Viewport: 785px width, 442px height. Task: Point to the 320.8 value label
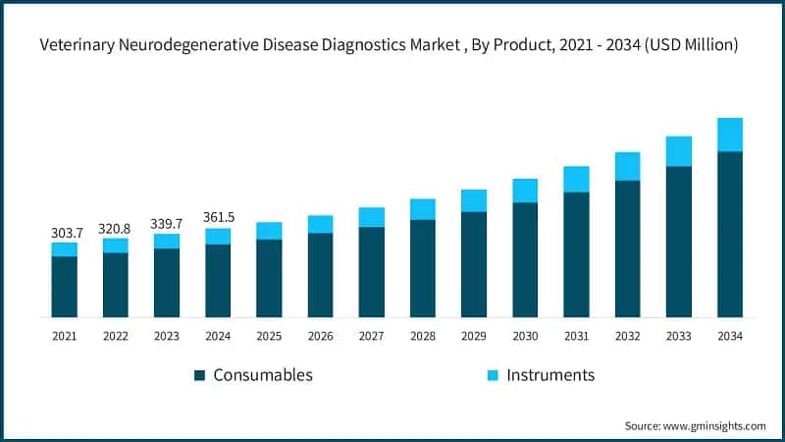click(116, 228)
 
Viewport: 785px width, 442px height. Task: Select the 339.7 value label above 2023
click(167, 224)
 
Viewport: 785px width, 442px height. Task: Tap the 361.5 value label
click(218, 219)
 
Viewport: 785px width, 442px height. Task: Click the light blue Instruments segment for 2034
click(729, 135)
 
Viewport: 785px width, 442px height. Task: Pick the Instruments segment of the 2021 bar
click(65, 249)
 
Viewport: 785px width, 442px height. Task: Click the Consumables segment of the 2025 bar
click(269, 278)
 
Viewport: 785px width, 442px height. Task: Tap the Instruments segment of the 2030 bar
click(525, 191)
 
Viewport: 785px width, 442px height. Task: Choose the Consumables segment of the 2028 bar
click(423, 268)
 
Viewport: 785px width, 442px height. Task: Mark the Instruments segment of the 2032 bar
click(627, 166)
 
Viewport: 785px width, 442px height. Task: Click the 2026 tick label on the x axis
click(320, 337)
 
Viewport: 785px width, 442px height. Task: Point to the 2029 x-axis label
click(474, 337)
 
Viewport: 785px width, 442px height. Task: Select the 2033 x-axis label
click(678, 337)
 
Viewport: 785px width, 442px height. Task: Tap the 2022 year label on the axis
click(116, 337)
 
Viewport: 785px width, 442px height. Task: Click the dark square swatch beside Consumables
click(199, 375)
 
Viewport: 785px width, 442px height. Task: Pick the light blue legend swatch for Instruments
click(493, 375)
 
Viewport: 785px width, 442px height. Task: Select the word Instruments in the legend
click(550, 375)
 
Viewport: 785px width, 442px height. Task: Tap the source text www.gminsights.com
click(713, 425)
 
